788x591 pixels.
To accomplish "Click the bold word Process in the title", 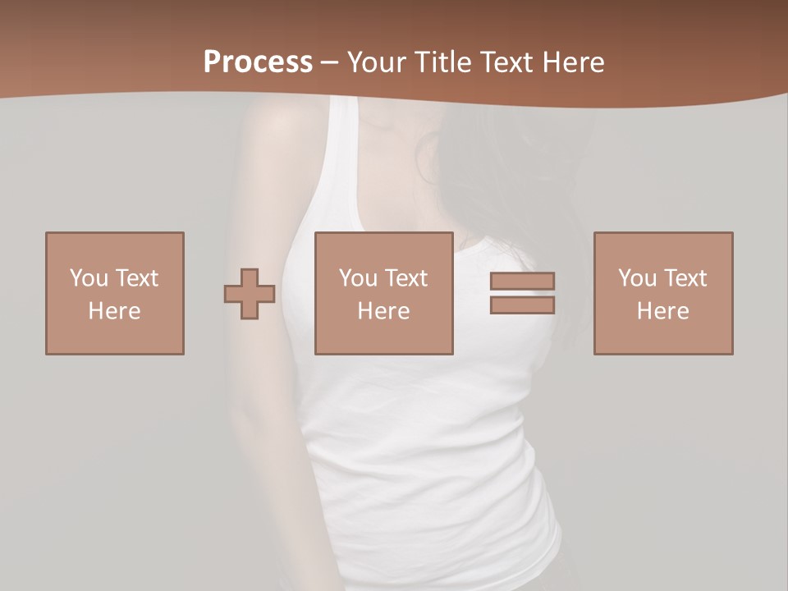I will (x=258, y=62).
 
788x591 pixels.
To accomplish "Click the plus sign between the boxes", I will (x=250, y=294).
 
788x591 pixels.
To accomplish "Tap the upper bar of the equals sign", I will (x=522, y=281).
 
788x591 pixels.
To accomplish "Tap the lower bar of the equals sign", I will (x=522, y=305).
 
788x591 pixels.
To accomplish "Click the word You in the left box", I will (x=89, y=278).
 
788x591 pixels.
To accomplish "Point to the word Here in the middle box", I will (x=383, y=311).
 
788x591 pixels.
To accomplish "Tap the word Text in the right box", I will (x=684, y=278).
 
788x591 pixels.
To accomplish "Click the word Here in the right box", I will (x=662, y=311).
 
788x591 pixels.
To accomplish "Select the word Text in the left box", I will (x=135, y=278).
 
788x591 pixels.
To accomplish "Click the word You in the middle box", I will (x=358, y=278).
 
